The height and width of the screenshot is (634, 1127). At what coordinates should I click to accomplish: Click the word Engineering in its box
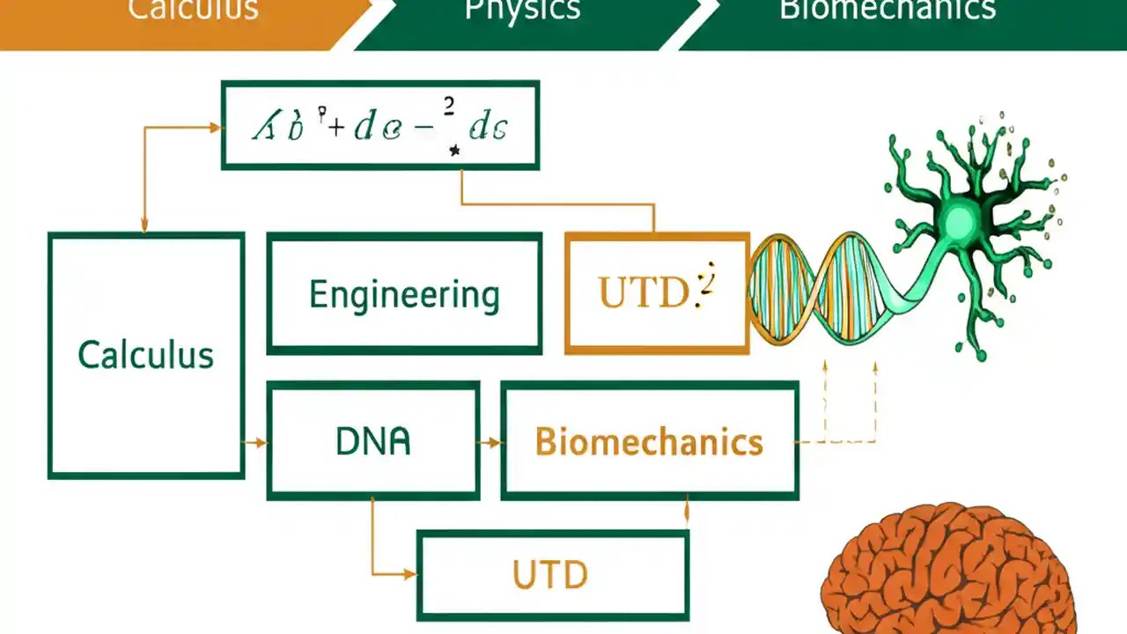point(404,295)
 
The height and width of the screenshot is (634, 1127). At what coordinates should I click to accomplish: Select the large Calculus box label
point(145,355)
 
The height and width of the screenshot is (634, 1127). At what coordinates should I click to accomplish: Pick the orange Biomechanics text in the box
point(649,441)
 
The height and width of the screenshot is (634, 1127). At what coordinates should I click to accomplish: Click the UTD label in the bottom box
point(550,575)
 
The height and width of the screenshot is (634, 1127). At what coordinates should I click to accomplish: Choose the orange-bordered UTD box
point(657,293)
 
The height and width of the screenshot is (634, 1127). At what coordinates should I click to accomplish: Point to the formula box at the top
point(379,125)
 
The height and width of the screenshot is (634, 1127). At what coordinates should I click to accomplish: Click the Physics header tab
point(522,11)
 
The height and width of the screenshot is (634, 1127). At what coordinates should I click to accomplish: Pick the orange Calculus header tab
point(194,11)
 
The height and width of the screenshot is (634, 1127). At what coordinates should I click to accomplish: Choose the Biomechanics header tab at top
point(887,11)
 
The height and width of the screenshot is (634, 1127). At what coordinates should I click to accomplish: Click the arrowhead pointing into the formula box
point(215,128)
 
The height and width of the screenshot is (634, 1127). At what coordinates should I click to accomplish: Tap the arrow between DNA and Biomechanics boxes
point(490,442)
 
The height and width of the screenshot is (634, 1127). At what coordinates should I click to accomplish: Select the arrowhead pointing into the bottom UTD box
point(409,574)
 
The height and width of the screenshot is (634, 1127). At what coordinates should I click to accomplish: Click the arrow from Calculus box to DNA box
point(256,442)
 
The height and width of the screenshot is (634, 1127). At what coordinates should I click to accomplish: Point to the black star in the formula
point(454,151)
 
